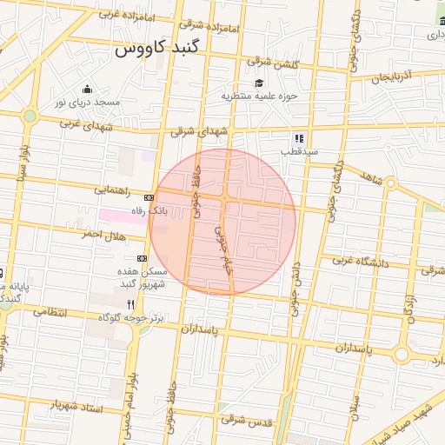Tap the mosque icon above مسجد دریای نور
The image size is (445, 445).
(x=87, y=88)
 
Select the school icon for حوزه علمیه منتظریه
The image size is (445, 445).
(x=258, y=83)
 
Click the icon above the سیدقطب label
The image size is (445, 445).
(x=298, y=138)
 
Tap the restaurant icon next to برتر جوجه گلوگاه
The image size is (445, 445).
(x=131, y=305)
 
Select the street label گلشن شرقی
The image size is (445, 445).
(x=272, y=63)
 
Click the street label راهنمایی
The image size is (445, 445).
(x=112, y=189)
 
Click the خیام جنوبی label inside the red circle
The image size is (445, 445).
(x=224, y=247)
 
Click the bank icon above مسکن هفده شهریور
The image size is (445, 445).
(x=142, y=258)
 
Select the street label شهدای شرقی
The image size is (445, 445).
(x=197, y=131)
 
